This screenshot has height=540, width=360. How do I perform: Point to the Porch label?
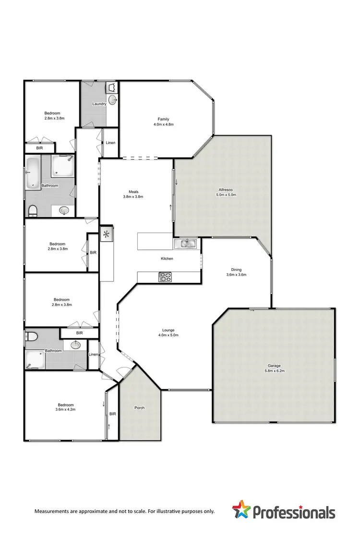(139, 408)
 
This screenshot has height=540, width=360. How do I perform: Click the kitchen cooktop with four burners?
(166, 277)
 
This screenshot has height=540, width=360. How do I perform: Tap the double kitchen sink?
(185, 244)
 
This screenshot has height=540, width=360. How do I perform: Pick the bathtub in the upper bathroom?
(33, 172)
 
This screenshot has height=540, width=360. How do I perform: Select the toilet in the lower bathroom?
(30, 336)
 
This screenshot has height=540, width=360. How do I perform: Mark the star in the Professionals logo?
(241, 510)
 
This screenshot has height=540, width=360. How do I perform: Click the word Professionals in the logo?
(294, 512)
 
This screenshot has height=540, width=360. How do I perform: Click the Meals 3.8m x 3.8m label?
(133, 193)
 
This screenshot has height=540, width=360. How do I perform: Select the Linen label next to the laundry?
(110, 143)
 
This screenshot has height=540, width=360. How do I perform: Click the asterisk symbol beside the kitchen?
(106, 235)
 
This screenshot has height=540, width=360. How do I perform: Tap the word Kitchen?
(167, 258)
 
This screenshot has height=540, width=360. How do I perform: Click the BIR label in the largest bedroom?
(113, 414)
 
